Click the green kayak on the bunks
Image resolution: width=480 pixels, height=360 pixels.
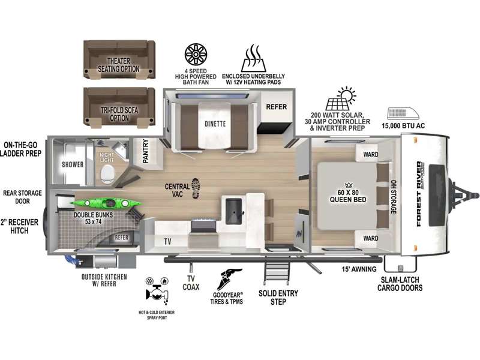[x=106, y=203]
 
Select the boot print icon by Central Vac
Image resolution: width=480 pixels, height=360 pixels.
[x=196, y=188]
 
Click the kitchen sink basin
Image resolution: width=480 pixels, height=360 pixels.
[x=234, y=211]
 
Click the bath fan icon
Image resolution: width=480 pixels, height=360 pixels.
[x=196, y=55]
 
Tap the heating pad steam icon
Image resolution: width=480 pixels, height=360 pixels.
[x=253, y=58]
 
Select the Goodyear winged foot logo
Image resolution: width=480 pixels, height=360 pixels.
[x=229, y=279]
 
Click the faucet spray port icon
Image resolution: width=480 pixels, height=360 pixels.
[x=157, y=292]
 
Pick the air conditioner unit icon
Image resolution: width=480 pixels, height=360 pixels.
[x=403, y=113]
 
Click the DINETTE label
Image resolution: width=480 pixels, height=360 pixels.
[x=215, y=124]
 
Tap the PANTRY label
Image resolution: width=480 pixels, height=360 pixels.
[x=146, y=151]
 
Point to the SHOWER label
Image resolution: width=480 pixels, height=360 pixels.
[x=73, y=164]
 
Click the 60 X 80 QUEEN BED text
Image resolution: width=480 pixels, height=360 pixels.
[x=348, y=196]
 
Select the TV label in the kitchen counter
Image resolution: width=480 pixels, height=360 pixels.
[x=167, y=242]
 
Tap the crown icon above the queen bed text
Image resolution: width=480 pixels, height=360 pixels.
[x=349, y=185]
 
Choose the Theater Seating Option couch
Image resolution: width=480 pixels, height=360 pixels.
[x=119, y=60]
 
